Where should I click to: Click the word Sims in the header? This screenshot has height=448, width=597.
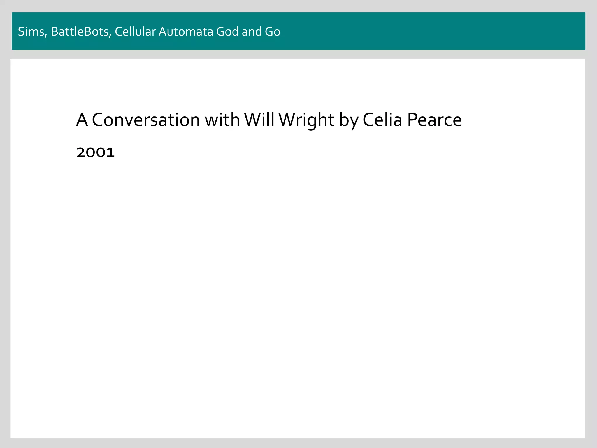pyautogui.click(x=31, y=32)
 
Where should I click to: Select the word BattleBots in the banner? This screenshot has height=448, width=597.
pyautogui.click(x=80, y=32)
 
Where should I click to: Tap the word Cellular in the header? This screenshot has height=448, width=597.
pyautogui.click(x=135, y=32)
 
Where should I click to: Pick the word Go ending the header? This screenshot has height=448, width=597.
pyautogui.click(x=273, y=32)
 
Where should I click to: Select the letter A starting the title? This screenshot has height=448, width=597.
pyautogui.click(x=82, y=120)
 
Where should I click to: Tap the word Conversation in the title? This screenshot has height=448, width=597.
pyautogui.click(x=146, y=120)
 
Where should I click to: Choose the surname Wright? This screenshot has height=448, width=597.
pyautogui.click(x=306, y=120)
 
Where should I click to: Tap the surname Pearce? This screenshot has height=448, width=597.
pyautogui.click(x=434, y=120)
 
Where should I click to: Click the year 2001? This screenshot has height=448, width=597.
pyautogui.click(x=96, y=153)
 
